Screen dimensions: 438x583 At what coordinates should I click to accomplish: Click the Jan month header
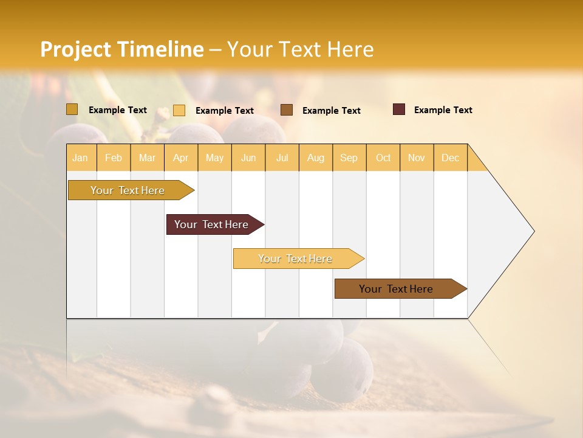click(80, 158)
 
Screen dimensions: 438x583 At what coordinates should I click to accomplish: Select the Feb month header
click(114, 158)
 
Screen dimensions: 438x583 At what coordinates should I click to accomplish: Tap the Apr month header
click(180, 158)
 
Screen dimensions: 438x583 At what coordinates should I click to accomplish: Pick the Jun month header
click(248, 158)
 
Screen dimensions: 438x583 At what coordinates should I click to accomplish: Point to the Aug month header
click(315, 158)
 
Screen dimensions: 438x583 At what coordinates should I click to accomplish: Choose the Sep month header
click(349, 158)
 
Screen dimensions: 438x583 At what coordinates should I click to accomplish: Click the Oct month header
click(383, 158)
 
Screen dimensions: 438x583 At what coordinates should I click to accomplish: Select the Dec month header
click(450, 158)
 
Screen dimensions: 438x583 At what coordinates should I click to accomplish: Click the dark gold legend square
click(72, 109)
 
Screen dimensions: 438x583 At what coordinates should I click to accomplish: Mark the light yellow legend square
click(179, 110)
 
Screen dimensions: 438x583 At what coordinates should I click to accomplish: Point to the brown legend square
click(287, 110)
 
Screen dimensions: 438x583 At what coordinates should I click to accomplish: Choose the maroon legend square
click(399, 109)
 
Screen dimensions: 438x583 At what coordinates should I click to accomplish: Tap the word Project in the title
click(76, 49)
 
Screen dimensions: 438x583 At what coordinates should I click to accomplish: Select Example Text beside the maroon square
click(443, 110)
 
